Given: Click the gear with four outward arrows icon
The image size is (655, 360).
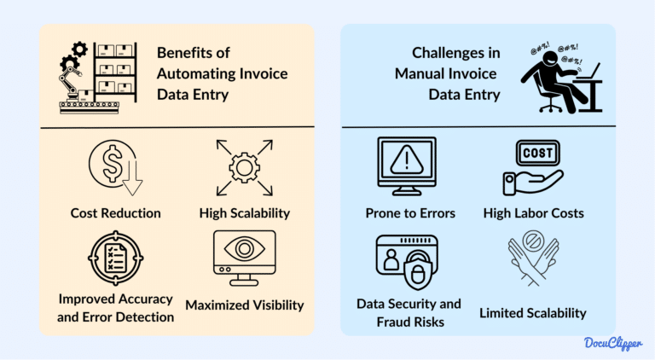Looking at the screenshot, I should (245, 165).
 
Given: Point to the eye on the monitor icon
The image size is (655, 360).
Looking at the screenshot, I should (245, 252).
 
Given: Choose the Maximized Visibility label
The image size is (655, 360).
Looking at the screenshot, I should (244, 304).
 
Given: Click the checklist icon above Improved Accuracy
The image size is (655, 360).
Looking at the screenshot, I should (110, 259).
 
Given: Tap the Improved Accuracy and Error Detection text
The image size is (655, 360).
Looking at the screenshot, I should (116, 308).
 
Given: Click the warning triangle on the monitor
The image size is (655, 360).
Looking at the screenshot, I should (406, 160).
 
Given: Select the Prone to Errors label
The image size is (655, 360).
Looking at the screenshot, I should (406, 212).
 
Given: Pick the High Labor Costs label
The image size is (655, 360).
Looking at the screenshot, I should (534, 212).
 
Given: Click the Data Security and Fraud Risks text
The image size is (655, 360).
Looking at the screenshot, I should (407, 312).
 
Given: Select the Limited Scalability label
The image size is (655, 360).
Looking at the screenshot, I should (534, 313).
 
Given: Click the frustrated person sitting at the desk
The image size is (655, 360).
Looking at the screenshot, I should (559, 81).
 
